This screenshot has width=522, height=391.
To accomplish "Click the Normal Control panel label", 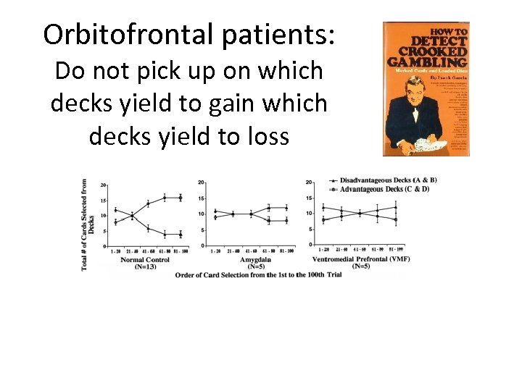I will [145, 259].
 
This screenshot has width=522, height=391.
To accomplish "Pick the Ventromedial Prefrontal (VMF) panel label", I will [361, 259].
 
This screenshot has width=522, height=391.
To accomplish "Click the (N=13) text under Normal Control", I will [145, 266].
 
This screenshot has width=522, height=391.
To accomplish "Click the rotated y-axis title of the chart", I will [88, 224].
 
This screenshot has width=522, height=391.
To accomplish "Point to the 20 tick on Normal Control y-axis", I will [104, 185].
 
